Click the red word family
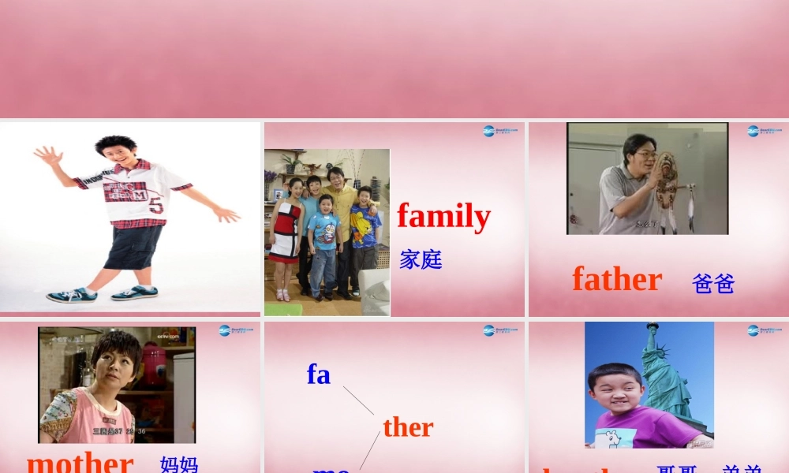(x=443, y=216)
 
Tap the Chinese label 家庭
(x=421, y=259)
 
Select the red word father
(x=616, y=279)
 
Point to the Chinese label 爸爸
(x=713, y=284)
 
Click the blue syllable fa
(x=319, y=374)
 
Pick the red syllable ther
(x=408, y=427)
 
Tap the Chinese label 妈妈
(x=178, y=464)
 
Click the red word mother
(x=80, y=461)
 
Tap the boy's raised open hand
(x=47, y=155)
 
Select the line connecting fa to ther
(x=358, y=400)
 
